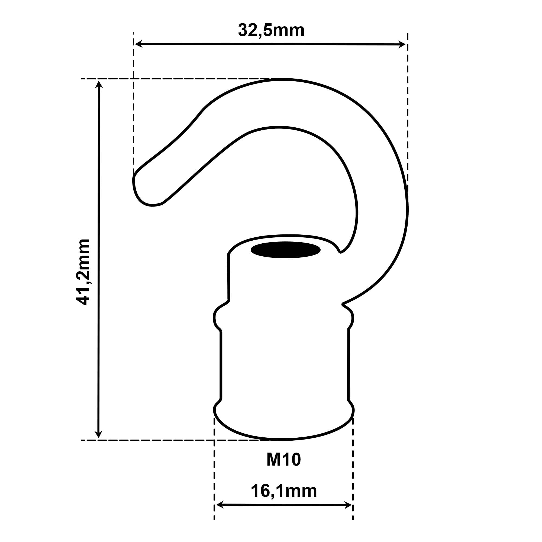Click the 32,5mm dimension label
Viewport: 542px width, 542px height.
[271, 31]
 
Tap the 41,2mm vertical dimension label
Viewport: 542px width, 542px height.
[83, 272]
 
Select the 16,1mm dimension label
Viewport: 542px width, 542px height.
[284, 491]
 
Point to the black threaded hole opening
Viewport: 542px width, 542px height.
[286, 250]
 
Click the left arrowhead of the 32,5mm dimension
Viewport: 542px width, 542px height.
[138, 44]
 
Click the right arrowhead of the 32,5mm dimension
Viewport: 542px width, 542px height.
[402, 44]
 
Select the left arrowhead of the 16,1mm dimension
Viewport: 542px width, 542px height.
[220, 513]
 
